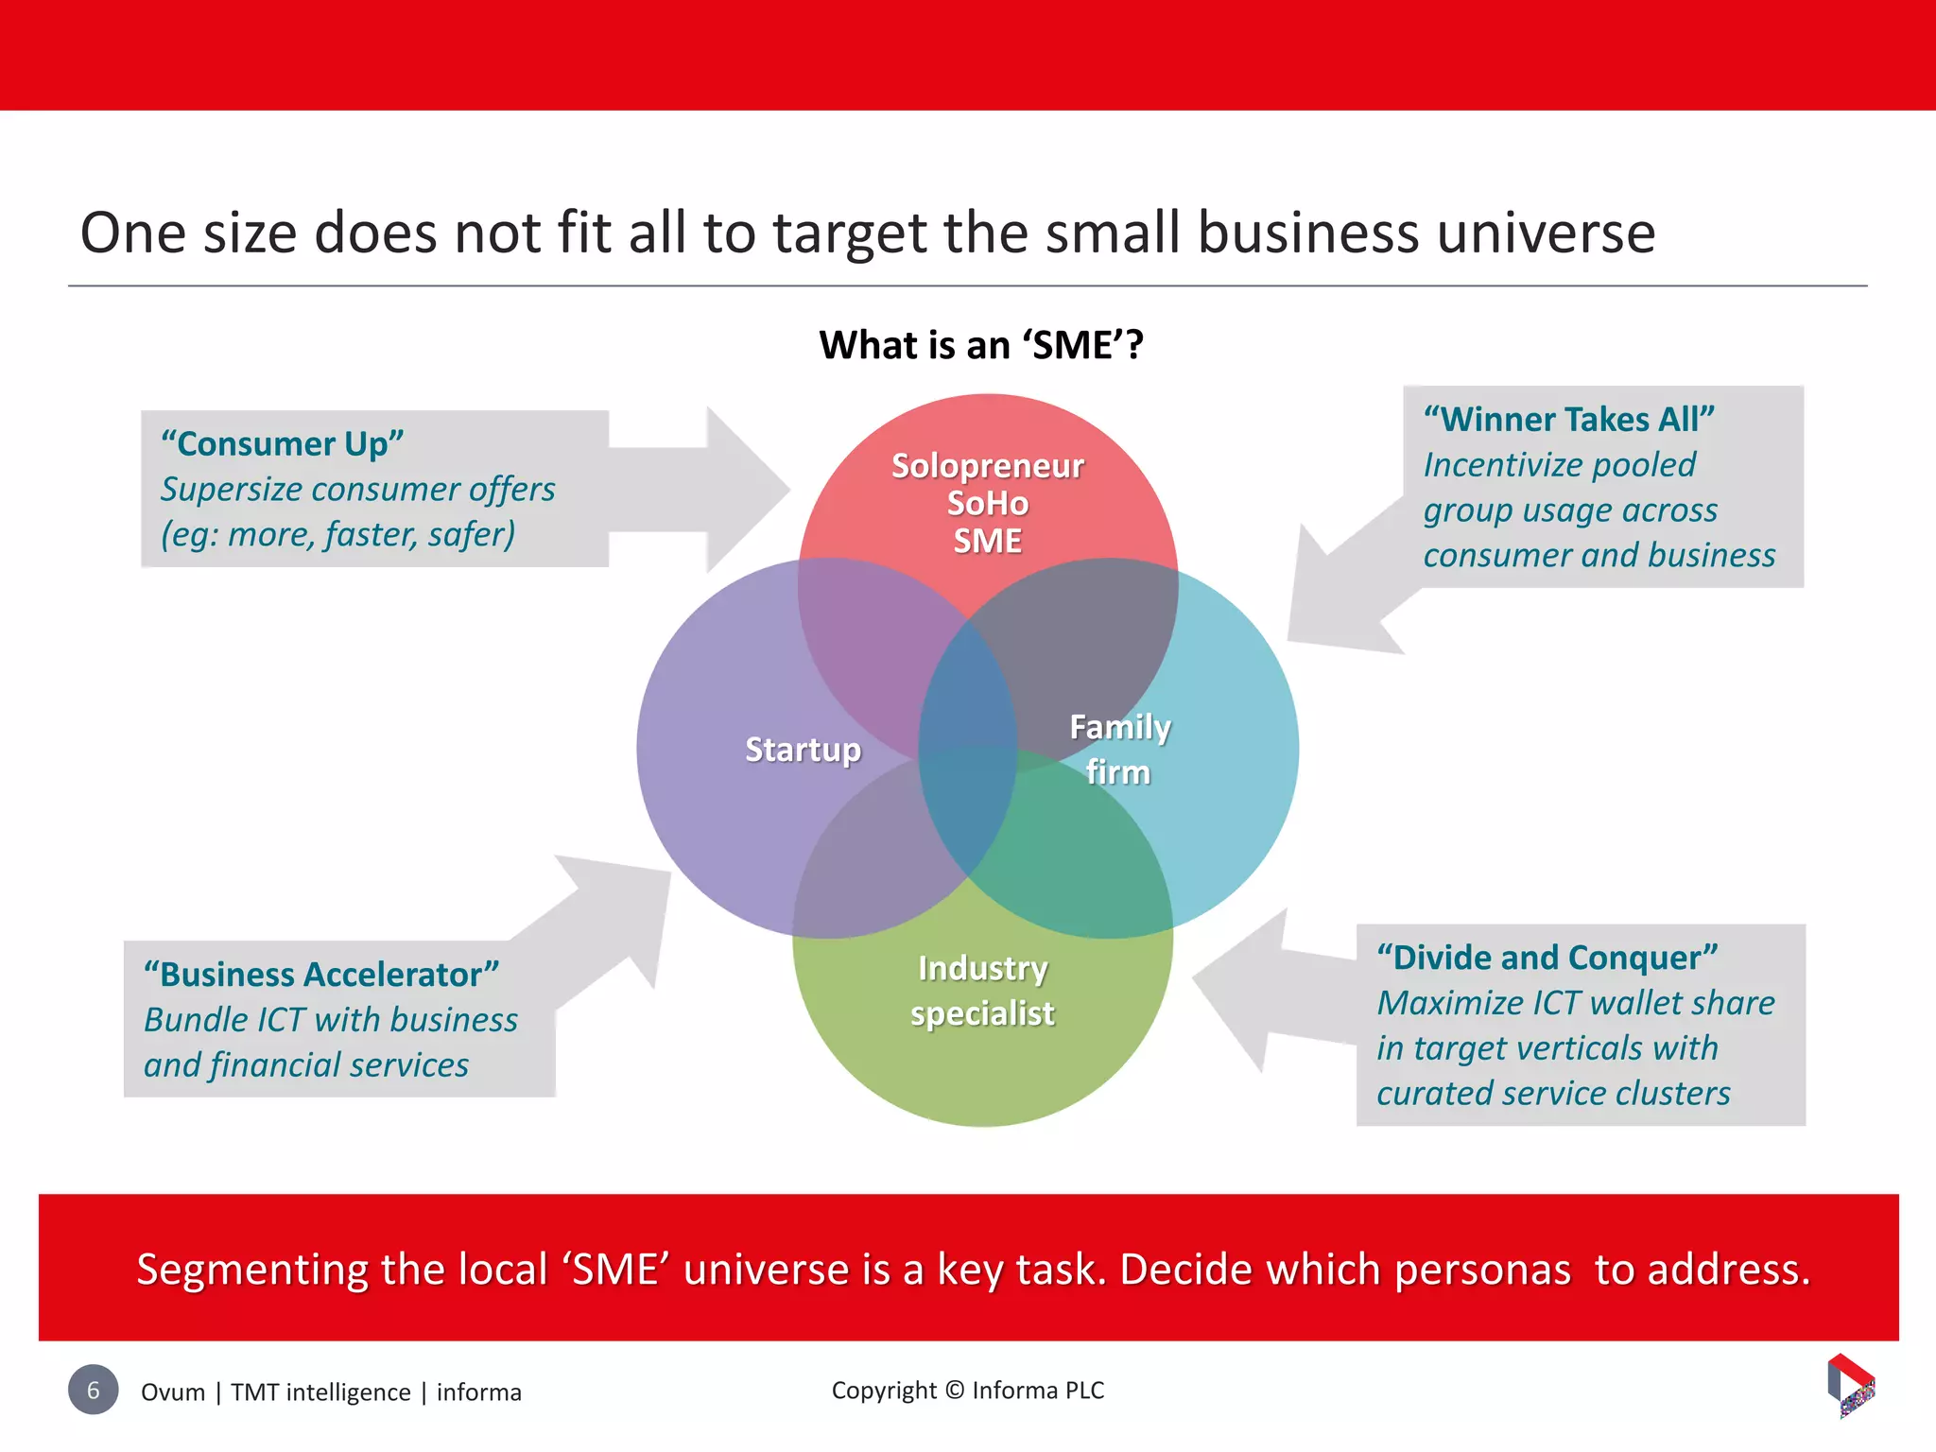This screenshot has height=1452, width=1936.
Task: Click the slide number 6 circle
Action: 93,1390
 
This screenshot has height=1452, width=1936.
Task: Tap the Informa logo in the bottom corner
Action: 1851,1385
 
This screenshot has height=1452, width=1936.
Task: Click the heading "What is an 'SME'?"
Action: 981,345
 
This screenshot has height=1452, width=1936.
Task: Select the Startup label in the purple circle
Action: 803,750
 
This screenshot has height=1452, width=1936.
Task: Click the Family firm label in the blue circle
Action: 1119,750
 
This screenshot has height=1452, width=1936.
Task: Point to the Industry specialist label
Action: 982,991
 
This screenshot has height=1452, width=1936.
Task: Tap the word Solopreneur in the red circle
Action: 987,466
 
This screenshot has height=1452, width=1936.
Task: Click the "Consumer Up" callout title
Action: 282,444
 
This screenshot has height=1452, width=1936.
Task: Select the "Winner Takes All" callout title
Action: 1568,420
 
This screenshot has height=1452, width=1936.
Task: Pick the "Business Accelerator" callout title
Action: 321,975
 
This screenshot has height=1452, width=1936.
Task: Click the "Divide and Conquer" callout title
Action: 1547,958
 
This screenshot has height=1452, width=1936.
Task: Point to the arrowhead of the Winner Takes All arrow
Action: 1333,605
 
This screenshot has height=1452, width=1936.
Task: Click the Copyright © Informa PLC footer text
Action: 967,1391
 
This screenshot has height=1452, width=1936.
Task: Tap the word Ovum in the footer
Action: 173,1392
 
